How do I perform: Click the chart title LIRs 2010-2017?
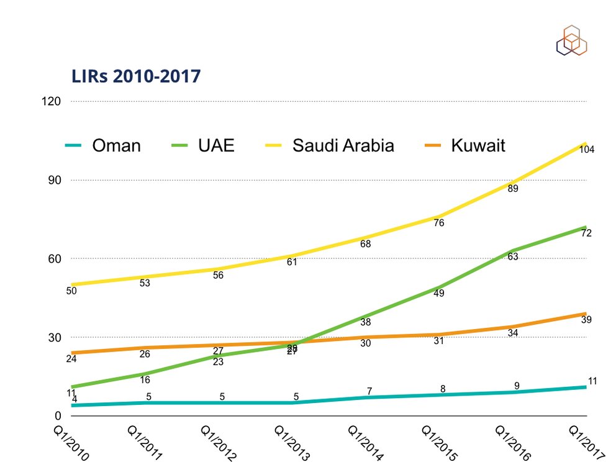click(x=136, y=76)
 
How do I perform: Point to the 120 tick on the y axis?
click(x=52, y=101)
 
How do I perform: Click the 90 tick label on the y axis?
click(x=54, y=180)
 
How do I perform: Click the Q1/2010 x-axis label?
click(x=68, y=442)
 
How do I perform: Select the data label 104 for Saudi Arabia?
click(x=587, y=149)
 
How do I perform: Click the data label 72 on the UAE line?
click(x=586, y=233)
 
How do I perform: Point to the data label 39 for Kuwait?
click(x=586, y=320)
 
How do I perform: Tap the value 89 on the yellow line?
click(x=513, y=189)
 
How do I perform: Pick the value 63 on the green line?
click(x=513, y=256)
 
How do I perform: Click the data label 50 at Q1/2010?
click(x=71, y=291)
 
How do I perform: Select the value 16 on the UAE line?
click(x=145, y=379)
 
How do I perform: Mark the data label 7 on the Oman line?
click(x=369, y=391)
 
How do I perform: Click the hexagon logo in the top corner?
click(x=571, y=40)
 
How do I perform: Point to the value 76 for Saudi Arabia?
click(x=439, y=223)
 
